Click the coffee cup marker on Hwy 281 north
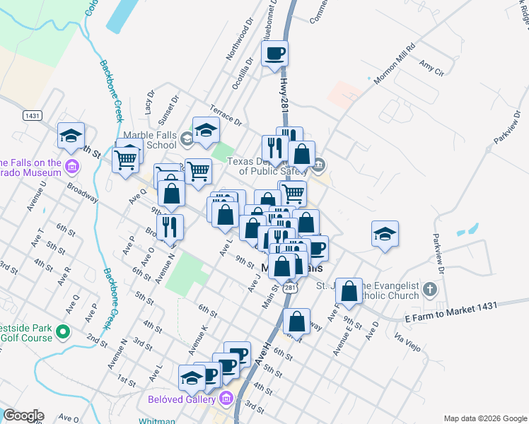pyautogui.click(x=275, y=52)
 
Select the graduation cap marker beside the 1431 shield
pyautogui.click(x=71, y=136)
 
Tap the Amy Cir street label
pyautogui.click(x=431, y=69)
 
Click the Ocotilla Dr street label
pyautogui.click(x=242, y=73)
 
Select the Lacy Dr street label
pyautogui.click(x=149, y=102)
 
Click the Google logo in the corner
pyautogui.click(x=23, y=416)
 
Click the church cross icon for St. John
pyautogui.click(x=429, y=290)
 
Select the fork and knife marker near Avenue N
pyautogui.click(x=170, y=226)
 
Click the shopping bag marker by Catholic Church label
pyautogui.click(x=349, y=290)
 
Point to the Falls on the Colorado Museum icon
pyautogui.click(x=71, y=167)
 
